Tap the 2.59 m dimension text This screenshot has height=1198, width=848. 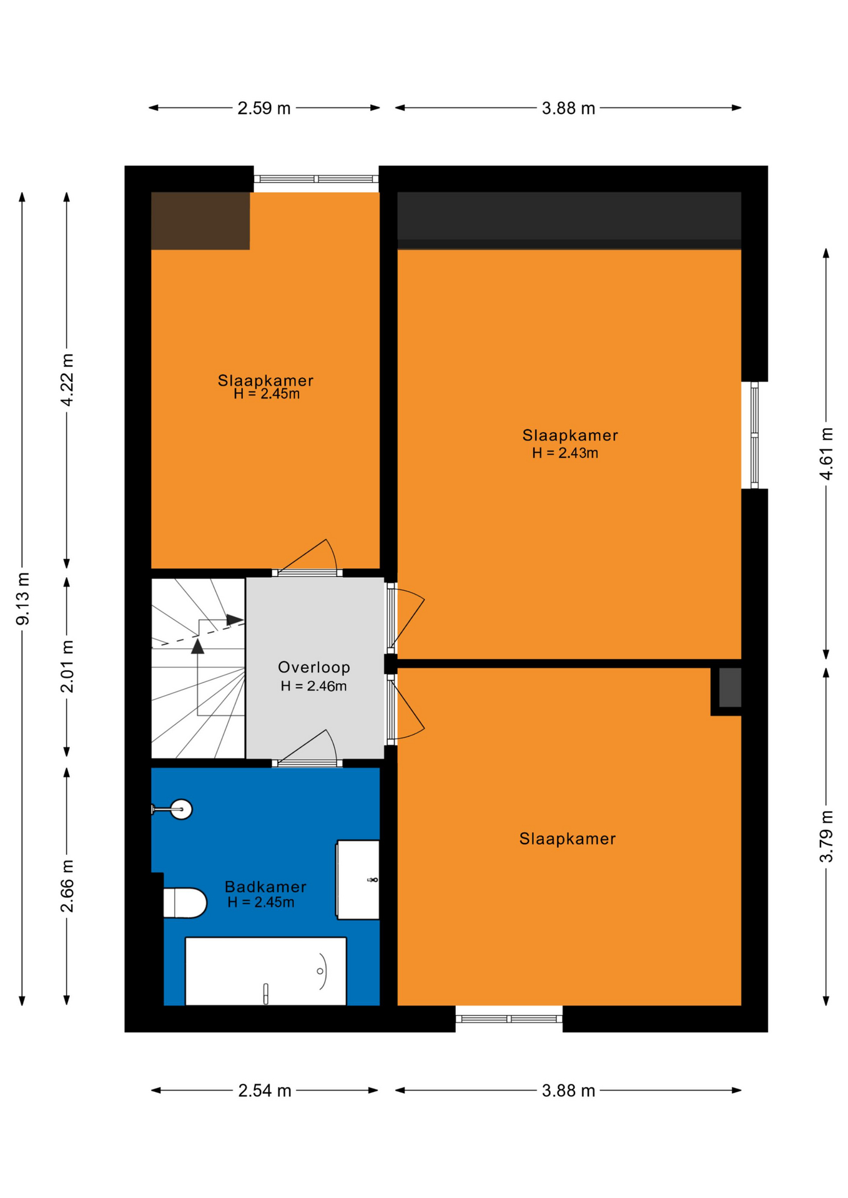coord(264,109)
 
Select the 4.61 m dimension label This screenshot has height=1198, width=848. coord(826,454)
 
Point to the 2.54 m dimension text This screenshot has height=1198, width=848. coord(264,1091)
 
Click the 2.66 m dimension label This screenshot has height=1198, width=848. coord(67,886)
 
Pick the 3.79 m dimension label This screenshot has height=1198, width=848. coord(826,836)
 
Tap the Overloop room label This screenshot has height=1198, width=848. coord(313,667)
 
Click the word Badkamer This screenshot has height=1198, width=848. coord(265,887)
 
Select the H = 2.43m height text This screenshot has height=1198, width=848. coord(565,453)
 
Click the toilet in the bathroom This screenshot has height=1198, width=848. coord(185,903)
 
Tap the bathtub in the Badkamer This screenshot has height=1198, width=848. coord(266,971)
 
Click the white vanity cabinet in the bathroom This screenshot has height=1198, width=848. coord(358,880)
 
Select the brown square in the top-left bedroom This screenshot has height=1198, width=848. coord(200,221)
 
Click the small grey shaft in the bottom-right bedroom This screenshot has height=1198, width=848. coord(730,688)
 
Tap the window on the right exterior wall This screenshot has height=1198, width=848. coord(754,435)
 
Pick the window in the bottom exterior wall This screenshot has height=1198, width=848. coord(509,1019)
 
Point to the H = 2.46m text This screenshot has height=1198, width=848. coord(313,686)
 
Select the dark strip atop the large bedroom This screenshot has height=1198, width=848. coord(569,220)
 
